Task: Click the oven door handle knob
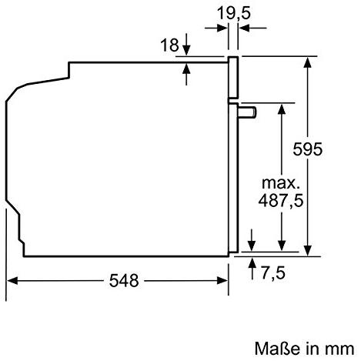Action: point(249,113)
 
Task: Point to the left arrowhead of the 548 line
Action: point(12,281)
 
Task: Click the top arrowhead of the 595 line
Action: point(309,62)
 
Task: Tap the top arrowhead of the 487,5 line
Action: point(282,107)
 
